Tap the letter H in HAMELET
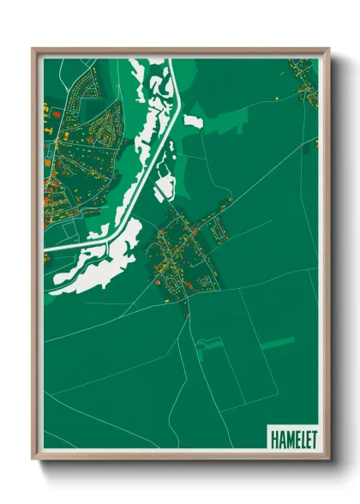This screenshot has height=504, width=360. pos(273,438)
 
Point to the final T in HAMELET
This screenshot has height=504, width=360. pos(314,438)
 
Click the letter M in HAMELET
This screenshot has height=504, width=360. pos(287,438)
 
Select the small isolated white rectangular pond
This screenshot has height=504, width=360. pos(194,121)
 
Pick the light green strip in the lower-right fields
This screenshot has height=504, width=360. pos(277,343)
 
